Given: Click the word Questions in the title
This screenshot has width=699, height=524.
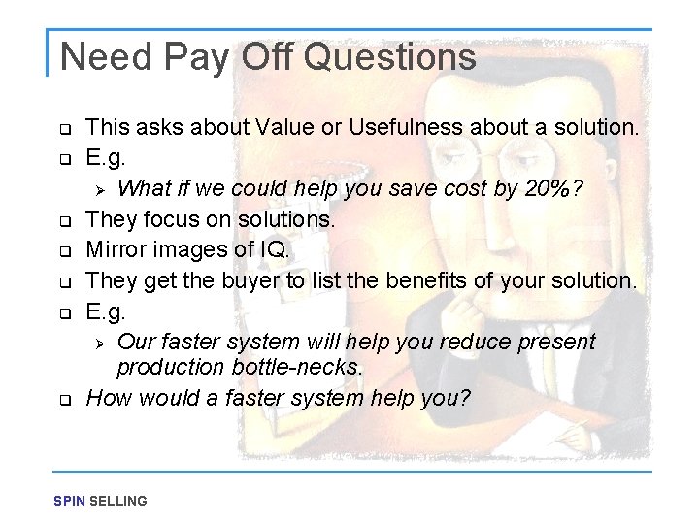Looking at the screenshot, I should click(x=389, y=57).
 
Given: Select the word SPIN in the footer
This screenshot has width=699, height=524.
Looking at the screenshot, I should click(x=69, y=501).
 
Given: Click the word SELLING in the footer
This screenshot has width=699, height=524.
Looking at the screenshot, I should click(x=117, y=501).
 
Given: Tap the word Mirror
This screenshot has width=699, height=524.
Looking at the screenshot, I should click(x=116, y=250).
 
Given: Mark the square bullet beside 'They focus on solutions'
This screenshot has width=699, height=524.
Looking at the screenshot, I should click(x=65, y=221).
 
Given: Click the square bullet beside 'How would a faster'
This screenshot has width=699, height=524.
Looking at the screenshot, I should click(x=65, y=399).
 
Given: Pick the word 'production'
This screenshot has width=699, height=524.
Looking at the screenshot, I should click(x=171, y=367).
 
